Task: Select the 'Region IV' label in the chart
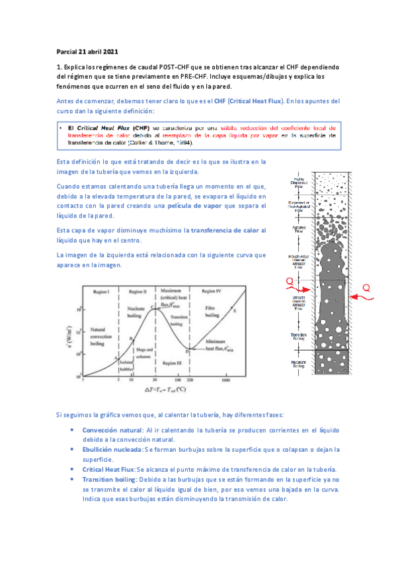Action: (212, 291)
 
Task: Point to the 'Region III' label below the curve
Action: (171, 363)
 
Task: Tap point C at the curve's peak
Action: (151, 307)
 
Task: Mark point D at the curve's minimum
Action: (187, 351)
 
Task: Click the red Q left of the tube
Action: (288, 282)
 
